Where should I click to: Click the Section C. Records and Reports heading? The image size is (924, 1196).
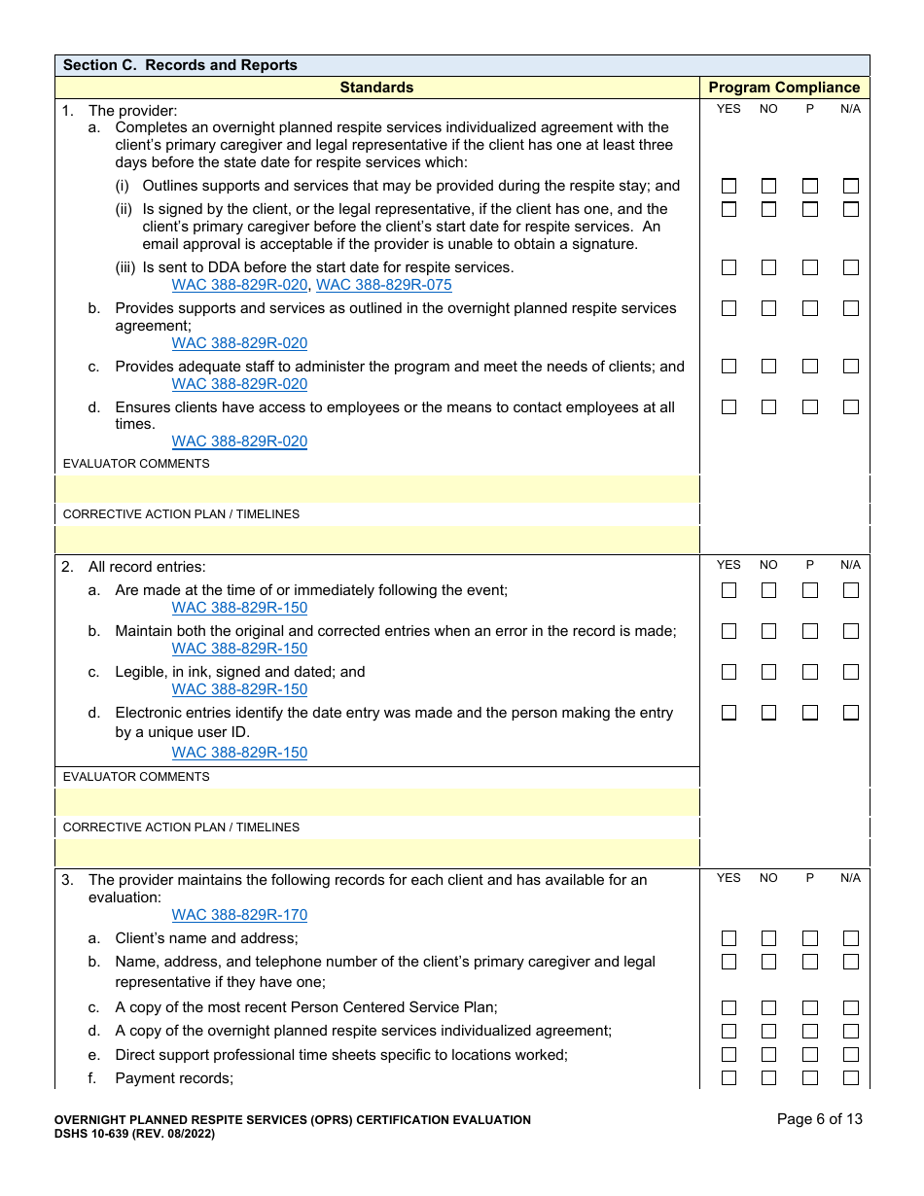pos(180,65)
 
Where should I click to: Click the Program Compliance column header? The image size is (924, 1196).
pos(784,88)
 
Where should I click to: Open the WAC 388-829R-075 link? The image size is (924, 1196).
pos(384,285)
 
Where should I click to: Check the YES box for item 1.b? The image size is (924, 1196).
pos(729,308)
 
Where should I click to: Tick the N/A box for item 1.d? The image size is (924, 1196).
pos(851,407)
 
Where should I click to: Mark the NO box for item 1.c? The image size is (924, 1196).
pos(768,367)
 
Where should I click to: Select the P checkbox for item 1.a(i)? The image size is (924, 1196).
pos(810,186)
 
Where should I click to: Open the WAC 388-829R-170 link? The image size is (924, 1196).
pos(239,915)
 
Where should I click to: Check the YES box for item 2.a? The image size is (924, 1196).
pos(729,590)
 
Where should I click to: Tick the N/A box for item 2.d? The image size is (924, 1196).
pos(851,713)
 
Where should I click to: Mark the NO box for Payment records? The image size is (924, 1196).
pos(768,1078)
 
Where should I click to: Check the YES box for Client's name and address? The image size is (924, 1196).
pos(729,938)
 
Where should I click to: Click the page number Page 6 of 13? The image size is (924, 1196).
pos(819,1119)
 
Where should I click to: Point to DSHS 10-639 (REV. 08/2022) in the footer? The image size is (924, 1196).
pos(134,1134)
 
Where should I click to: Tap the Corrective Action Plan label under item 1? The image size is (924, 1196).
pos(181,514)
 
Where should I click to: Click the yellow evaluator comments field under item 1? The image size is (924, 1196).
pos(376,489)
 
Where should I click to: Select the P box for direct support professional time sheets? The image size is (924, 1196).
pos(810,1055)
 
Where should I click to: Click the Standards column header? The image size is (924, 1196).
pos(376,88)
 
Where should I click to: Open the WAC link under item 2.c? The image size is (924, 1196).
pos(239,689)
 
